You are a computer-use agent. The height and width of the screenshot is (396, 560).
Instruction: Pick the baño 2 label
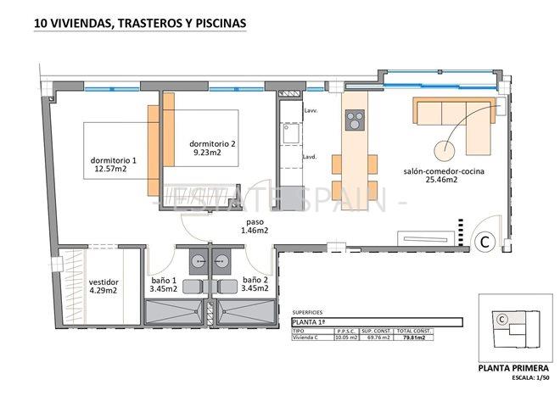coord(255,283)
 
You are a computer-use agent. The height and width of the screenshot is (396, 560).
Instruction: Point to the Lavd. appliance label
coord(311,157)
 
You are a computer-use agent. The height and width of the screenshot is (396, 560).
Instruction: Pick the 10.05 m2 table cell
coord(345,337)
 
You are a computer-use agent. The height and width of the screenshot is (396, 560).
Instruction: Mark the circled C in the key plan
coord(502,320)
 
